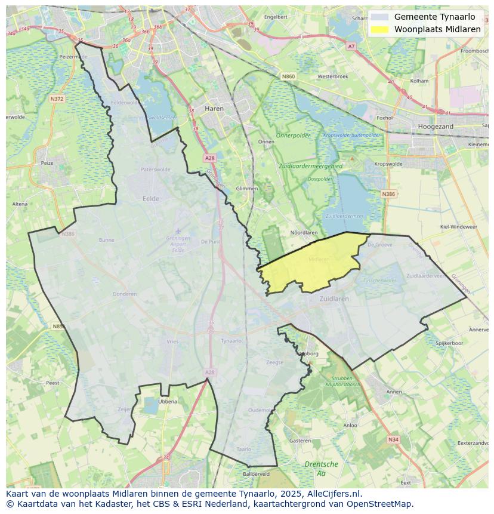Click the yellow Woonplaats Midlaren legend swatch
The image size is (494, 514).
(379, 29)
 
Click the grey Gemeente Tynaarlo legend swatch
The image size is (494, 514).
(379, 17)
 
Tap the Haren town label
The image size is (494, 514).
(214, 109)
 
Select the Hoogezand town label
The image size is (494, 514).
(436, 127)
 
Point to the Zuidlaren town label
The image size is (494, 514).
(334, 298)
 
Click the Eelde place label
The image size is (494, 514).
(151, 199)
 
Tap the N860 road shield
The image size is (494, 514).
(289, 76)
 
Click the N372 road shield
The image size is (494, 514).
(57, 99)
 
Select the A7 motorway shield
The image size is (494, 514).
(351, 46)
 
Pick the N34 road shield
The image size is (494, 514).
(393, 439)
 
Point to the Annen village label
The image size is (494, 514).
(394, 392)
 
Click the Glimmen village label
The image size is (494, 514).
(247, 188)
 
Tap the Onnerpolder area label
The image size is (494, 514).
(293, 136)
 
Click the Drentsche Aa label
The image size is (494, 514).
(321, 468)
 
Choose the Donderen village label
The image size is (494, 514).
(125, 294)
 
